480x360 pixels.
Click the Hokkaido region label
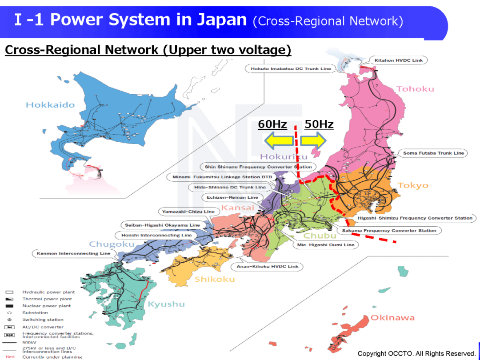(x=50, y=105)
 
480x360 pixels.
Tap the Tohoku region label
(x=415, y=89)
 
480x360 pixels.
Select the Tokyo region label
(x=413, y=185)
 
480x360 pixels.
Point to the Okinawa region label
(x=392, y=318)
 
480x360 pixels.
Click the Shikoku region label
(x=214, y=279)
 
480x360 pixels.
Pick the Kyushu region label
(x=166, y=304)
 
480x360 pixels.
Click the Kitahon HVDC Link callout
(x=399, y=60)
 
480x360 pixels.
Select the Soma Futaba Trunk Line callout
(x=433, y=153)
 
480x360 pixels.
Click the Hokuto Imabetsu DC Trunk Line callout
(x=291, y=68)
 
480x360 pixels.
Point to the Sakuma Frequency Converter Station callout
(x=389, y=231)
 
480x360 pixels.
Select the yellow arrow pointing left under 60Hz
(x=279, y=141)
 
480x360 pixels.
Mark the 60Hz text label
(x=272, y=124)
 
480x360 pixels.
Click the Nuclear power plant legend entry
(x=46, y=306)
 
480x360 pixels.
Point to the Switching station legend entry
(x=43, y=320)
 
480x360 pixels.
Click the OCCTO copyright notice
(x=416, y=354)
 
